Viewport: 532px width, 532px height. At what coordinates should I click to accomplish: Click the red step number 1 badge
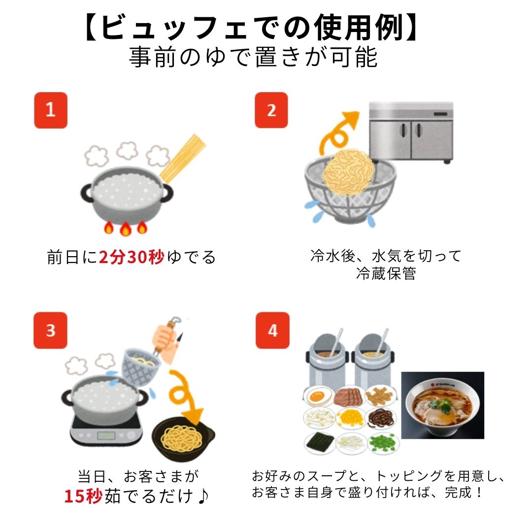click(50, 110)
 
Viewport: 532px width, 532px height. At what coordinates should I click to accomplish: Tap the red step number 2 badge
click(271, 110)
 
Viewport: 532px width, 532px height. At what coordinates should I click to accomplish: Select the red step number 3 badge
click(50, 330)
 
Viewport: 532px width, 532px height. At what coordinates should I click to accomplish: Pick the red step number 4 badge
click(272, 330)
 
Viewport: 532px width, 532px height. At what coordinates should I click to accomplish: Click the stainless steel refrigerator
click(411, 132)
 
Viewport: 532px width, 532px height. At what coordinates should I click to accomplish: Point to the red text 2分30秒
click(131, 257)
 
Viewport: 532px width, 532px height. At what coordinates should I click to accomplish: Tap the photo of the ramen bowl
click(442, 405)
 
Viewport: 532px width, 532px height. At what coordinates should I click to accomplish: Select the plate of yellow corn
click(351, 418)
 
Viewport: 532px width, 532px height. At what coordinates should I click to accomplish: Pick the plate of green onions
click(383, 442)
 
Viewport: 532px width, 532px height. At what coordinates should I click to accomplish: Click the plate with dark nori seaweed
click(319, 442)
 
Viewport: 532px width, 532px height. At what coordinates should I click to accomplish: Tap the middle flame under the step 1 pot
click(125, 229)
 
